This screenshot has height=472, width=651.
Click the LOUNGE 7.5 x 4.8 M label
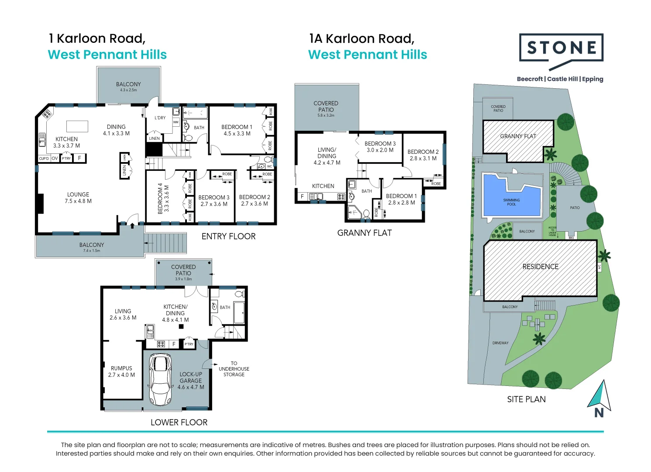pos(78,198)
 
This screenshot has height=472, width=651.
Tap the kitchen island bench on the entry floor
pos(77,126)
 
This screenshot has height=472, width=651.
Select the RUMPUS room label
pos(121,371)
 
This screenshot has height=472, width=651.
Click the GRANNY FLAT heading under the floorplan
pos(364,233)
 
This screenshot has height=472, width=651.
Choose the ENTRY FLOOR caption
pos(228,236)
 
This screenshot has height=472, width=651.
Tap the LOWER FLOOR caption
pos(179,423)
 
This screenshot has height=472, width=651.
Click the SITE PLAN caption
pos(526,399)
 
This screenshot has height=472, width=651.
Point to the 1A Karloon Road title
pos(362,39)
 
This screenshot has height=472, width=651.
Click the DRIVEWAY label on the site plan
pos(500,343)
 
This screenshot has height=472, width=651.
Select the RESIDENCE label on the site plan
pos(540,267)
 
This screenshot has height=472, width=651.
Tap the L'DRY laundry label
pos(160,118)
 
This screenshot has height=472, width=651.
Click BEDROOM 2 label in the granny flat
pos(423,155)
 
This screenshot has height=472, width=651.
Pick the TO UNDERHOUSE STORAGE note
pos(234,369)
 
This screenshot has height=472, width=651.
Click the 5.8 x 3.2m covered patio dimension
pos(326,115)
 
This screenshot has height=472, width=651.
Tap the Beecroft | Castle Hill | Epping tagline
pos(560,79)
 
